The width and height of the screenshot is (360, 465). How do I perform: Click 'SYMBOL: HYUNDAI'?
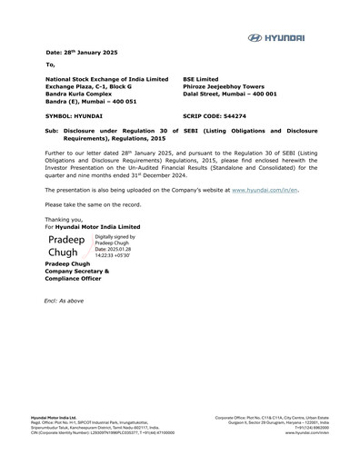[x=74, y=118]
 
